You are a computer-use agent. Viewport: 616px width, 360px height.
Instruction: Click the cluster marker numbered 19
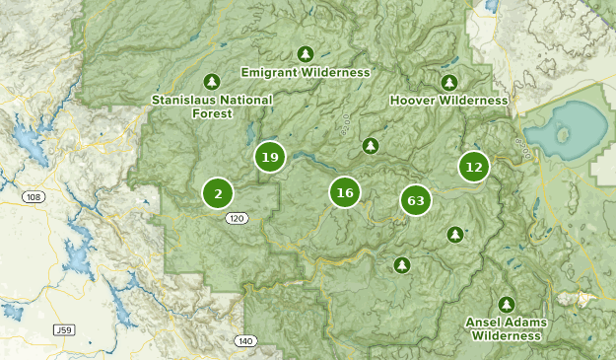(270, 157)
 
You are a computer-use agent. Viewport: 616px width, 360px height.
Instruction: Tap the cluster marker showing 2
(218, 193)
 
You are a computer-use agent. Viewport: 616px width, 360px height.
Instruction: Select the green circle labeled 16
(344, 193)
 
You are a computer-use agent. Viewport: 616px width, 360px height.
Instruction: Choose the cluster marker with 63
(416, 201)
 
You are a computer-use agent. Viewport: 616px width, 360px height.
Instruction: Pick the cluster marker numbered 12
(474, 167)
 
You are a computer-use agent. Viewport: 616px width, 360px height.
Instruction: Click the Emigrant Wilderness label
(306, 72)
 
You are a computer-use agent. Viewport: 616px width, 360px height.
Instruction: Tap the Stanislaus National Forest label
(212, 107)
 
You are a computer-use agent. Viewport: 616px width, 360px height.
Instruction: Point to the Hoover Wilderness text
(448, 100)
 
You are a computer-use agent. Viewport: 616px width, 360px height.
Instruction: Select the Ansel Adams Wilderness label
(507, 328)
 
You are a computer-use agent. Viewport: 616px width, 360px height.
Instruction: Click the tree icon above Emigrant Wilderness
(304, 53)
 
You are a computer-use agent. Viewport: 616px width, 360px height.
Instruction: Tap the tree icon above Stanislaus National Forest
(210, 81)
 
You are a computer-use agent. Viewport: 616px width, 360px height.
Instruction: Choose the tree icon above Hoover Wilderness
(449, 81)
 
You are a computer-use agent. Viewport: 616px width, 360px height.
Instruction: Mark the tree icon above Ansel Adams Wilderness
(507, 304)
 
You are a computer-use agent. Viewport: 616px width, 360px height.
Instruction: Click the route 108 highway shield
(34, 197)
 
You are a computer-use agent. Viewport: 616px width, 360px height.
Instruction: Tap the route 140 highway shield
(244, 340)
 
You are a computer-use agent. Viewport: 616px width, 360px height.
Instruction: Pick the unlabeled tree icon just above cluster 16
(370, 146)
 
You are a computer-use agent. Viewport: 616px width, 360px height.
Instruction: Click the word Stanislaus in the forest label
(183, 100)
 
